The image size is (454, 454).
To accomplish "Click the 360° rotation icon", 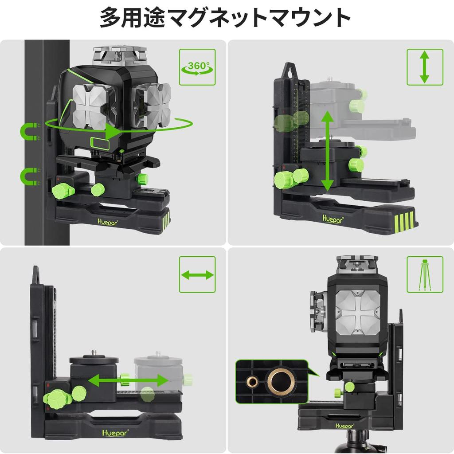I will pos(197,67).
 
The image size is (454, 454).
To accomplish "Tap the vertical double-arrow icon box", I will pos(425,67).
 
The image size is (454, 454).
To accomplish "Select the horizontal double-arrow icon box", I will pos(197,275).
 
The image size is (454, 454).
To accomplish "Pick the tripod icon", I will pos(425,274).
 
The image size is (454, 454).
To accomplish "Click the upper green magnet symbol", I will pos(30,132).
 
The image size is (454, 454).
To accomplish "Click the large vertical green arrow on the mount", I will pos(327,151).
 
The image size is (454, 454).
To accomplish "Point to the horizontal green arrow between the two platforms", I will pos(128,380).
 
